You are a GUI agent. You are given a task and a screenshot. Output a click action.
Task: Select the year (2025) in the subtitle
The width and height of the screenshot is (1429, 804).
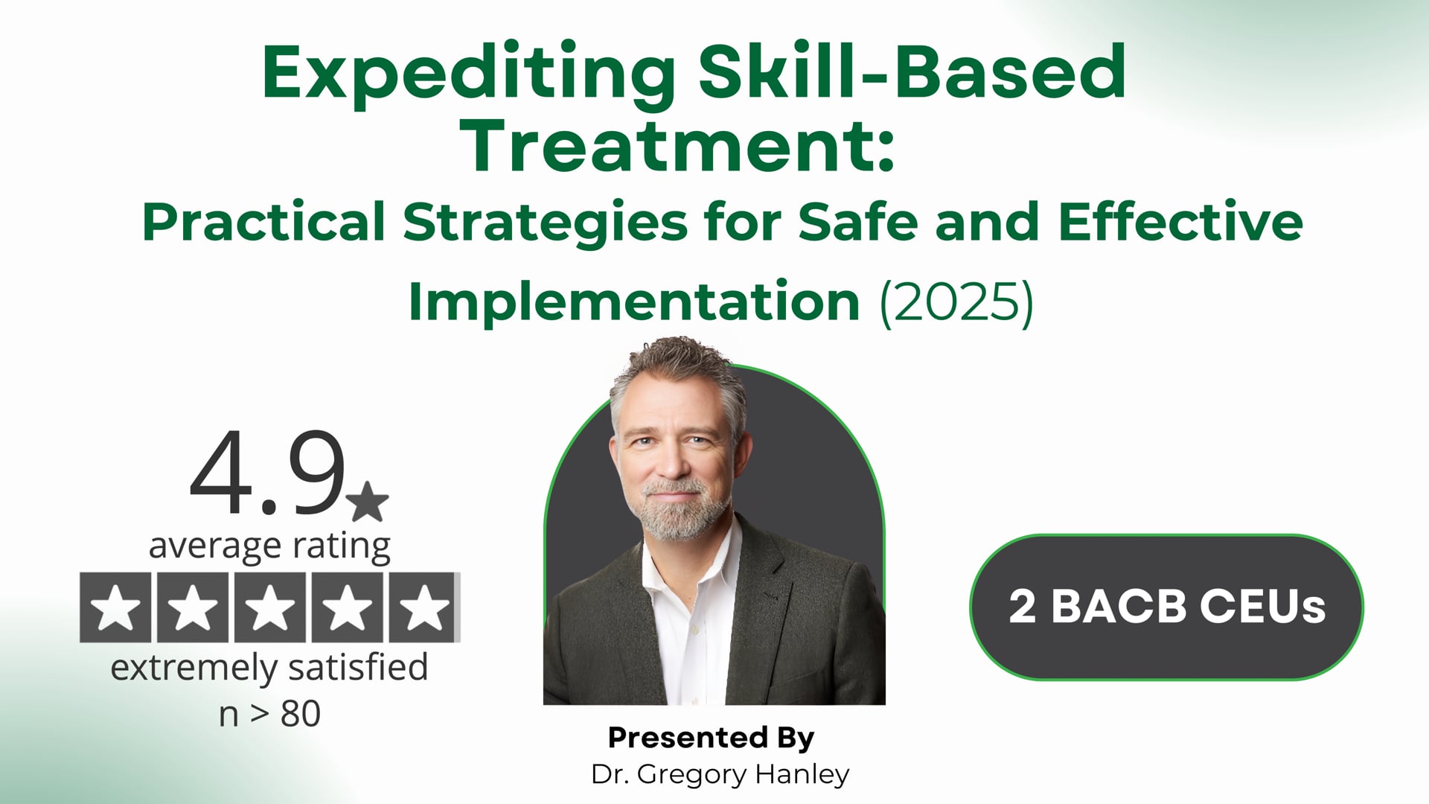click(956, 301)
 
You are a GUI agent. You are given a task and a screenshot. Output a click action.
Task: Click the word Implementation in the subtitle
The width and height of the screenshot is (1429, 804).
click(634, 301)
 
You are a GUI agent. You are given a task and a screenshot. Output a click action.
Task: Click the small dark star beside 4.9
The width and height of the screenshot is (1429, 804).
click(368, 501)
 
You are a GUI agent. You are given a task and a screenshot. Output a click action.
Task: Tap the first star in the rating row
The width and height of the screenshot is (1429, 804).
click(115, 607)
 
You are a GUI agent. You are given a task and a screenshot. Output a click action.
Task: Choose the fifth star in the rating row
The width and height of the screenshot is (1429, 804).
click(424, 607)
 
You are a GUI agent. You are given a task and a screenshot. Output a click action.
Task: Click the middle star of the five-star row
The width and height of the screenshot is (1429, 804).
click(269, 607)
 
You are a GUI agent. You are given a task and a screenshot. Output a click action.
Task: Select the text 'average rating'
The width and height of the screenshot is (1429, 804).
click(269, 546)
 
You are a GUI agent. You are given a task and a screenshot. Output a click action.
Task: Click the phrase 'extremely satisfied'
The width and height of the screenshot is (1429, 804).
click(269, 668)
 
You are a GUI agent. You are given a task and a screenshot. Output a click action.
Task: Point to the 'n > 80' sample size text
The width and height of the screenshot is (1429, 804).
click(269, 713)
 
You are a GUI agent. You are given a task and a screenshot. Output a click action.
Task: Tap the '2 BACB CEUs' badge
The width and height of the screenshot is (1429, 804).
click(1166, 607)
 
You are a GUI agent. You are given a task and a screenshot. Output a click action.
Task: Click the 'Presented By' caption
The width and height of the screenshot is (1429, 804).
click(711, 737)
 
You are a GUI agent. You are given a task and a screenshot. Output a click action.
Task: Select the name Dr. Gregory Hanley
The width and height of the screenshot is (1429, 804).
click(720, 774)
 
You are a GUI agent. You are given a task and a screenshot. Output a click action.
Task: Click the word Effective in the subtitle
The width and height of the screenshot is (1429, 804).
click(1180, 222)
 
